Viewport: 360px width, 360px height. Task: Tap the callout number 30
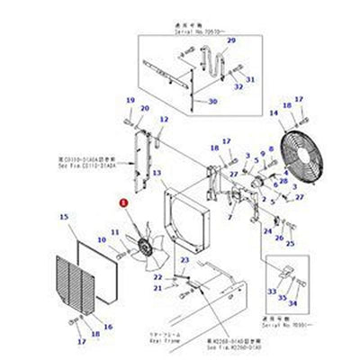[x=212, y=102]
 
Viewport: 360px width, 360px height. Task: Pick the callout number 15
[x=63, y=217]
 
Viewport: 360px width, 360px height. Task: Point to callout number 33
[x=272, y=292]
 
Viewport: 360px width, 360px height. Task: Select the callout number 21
[x=157, y=288]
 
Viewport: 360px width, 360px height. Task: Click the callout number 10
[x=116, y=232]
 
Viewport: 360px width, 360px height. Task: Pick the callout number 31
[x=251, y=80]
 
